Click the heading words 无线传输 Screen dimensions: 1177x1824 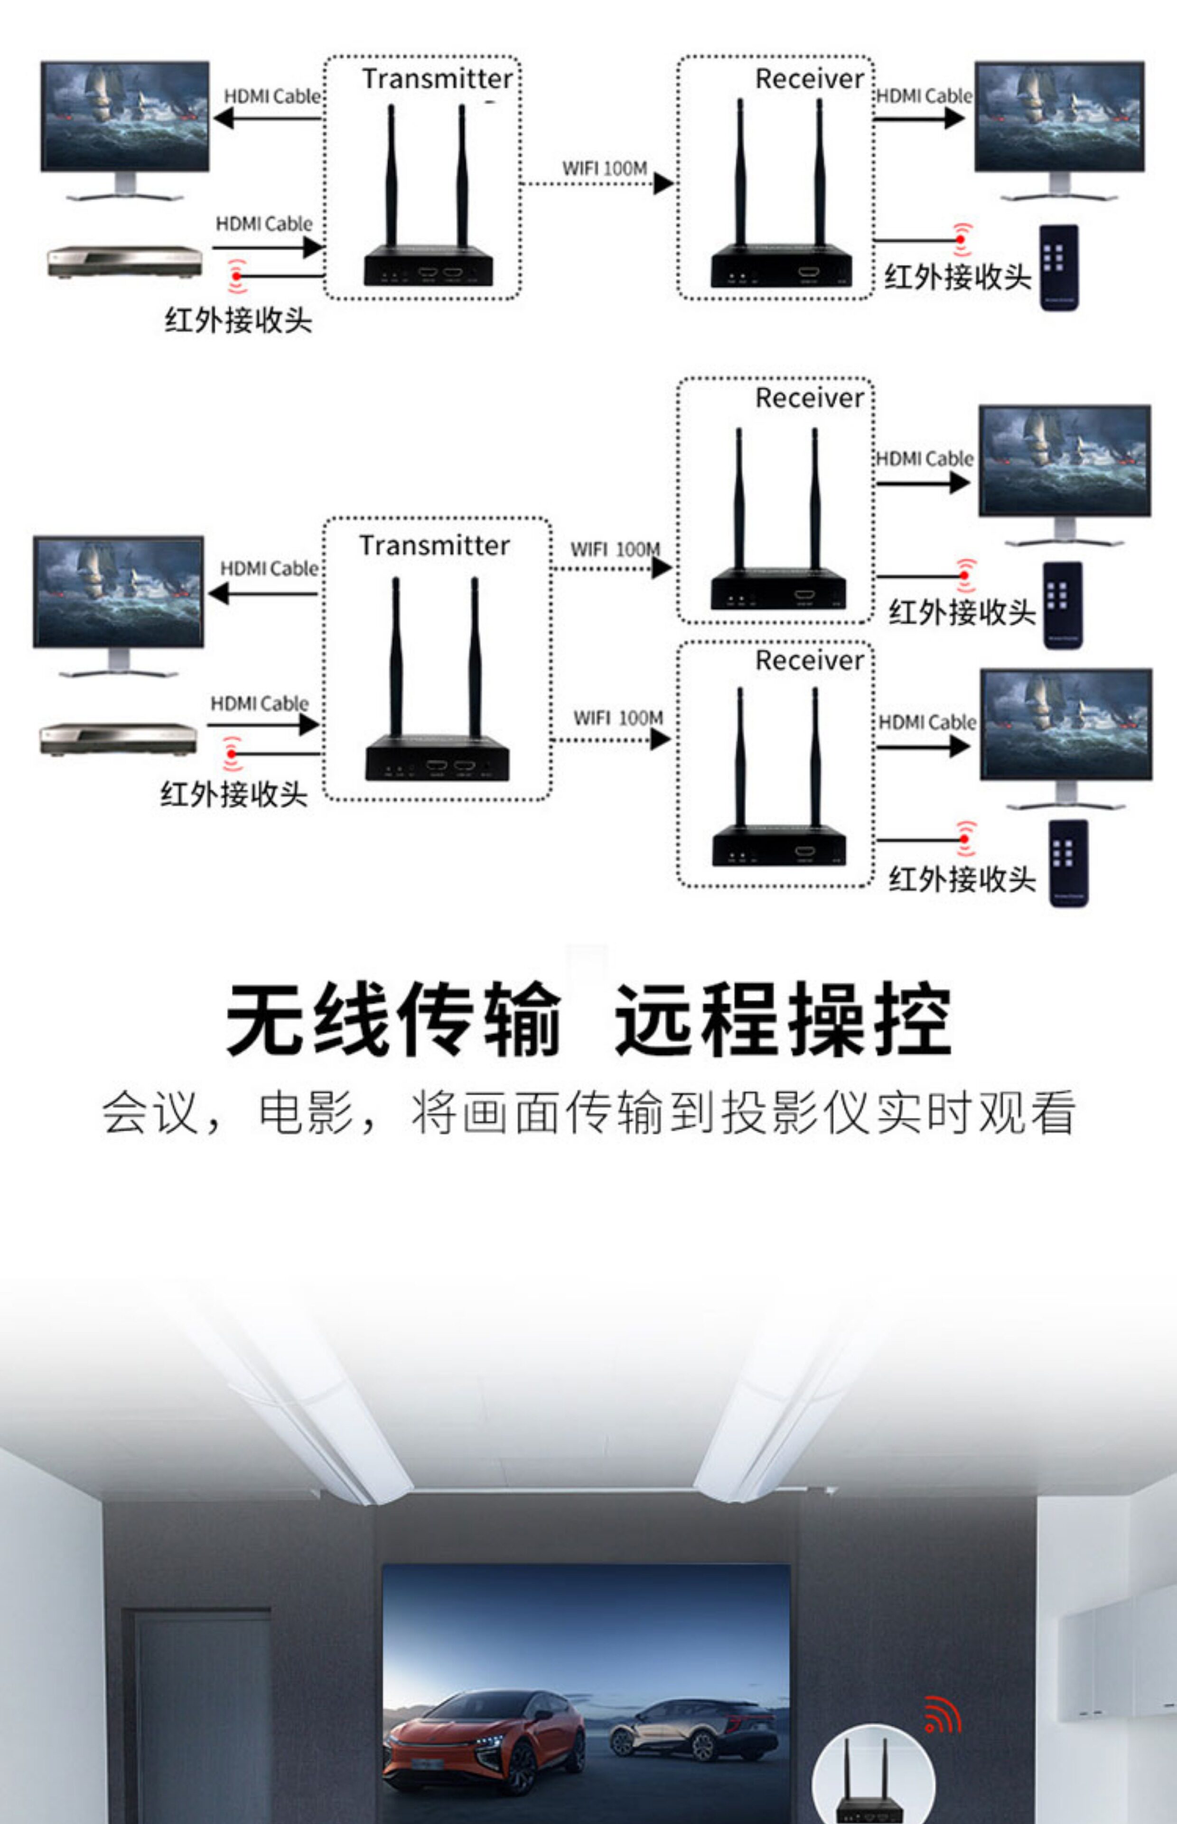click(393, 1019)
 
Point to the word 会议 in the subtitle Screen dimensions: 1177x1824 click(150, 1113)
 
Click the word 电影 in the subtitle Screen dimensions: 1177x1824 click(306, 1113)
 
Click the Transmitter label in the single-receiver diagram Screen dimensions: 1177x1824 click(437, 79)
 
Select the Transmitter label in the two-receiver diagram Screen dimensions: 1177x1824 click(434, 545)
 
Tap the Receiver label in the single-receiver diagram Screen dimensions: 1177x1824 click(809, 79)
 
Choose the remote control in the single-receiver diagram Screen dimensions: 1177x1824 click(1058, 268)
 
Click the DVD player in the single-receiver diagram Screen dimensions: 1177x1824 click(124, 261)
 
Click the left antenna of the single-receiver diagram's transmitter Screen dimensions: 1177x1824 click(392, 176)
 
